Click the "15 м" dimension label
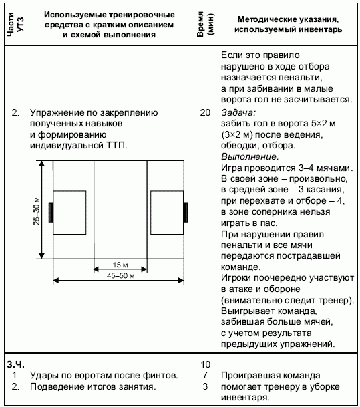click(x=120, y=265)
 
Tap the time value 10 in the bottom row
click(x=205, y=364)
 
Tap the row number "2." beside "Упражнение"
click(x=15, y=112)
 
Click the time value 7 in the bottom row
click(x=205, y=376)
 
